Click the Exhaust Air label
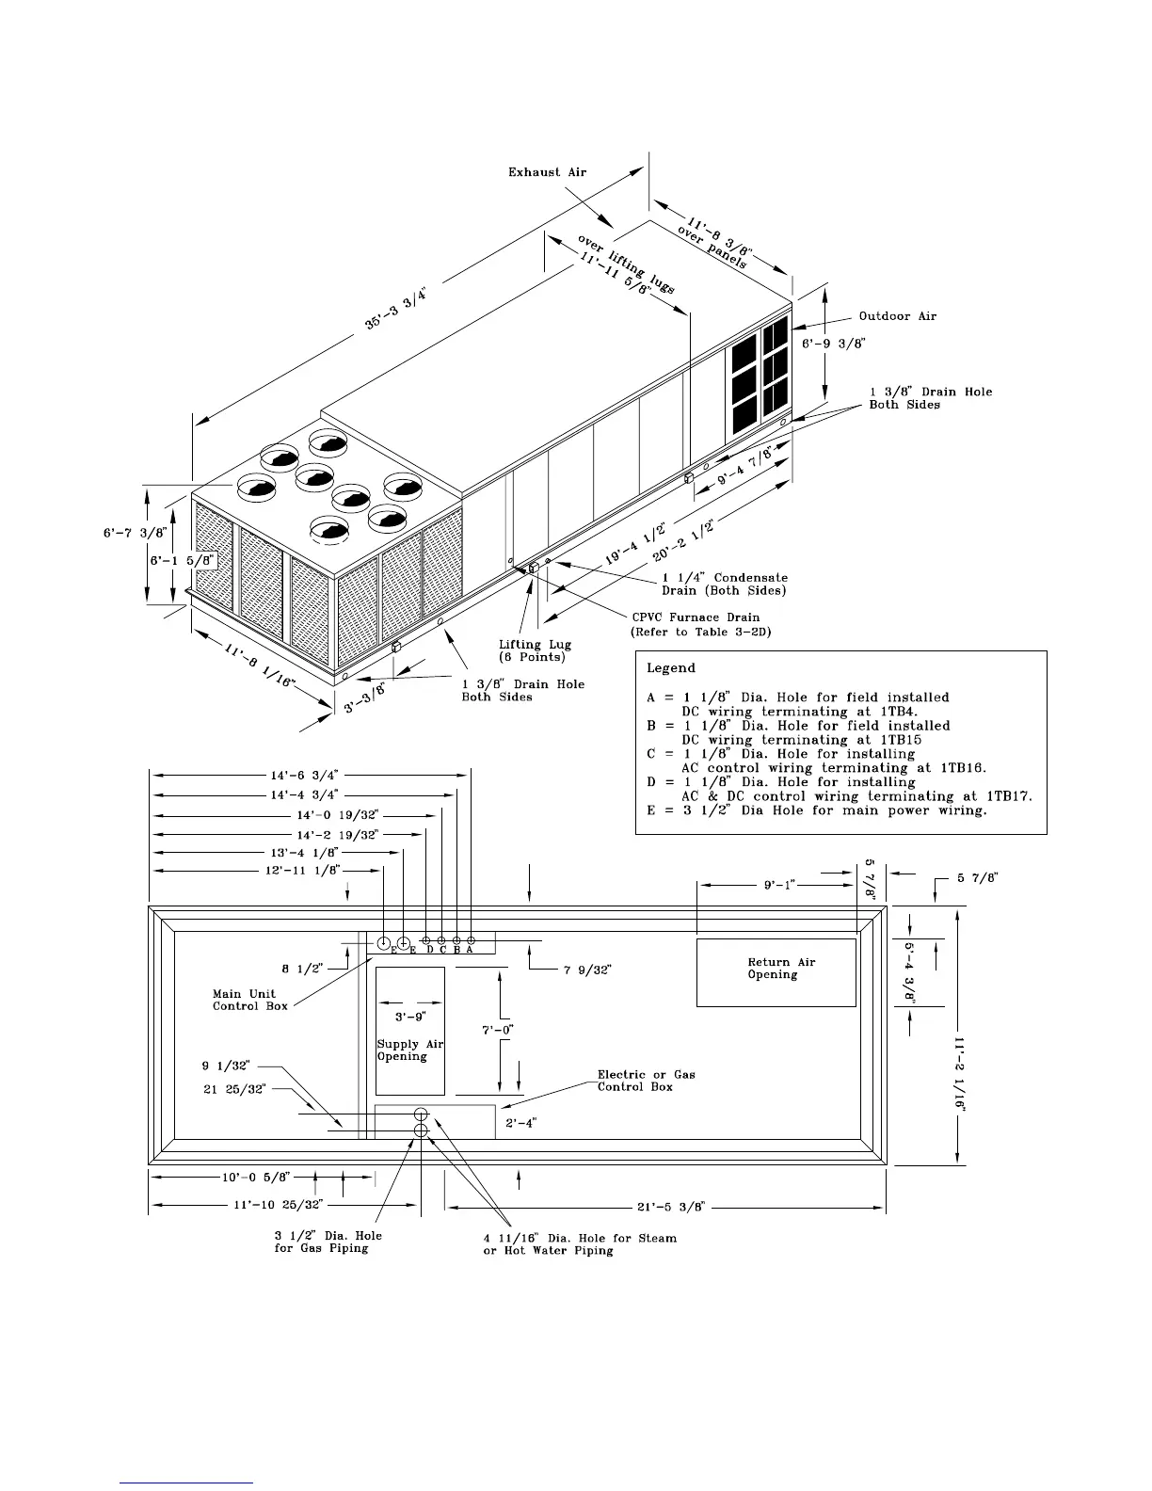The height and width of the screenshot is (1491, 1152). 547,172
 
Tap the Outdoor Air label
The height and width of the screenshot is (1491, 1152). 897,316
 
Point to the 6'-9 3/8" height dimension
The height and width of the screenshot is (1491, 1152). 833,345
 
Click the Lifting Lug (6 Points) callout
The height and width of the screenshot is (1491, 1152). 535,650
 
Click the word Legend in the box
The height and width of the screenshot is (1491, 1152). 670,668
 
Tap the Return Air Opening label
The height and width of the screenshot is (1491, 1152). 781,968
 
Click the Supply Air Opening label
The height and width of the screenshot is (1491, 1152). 409,1050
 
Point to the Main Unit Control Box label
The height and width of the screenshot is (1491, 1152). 244,1000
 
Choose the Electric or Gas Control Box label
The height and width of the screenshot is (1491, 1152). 647,1080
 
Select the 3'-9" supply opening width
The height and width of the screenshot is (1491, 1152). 410,1017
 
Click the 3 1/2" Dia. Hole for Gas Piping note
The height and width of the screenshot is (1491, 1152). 328,1242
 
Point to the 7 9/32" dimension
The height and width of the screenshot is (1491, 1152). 587,970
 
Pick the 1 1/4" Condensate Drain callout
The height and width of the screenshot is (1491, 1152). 725,584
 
